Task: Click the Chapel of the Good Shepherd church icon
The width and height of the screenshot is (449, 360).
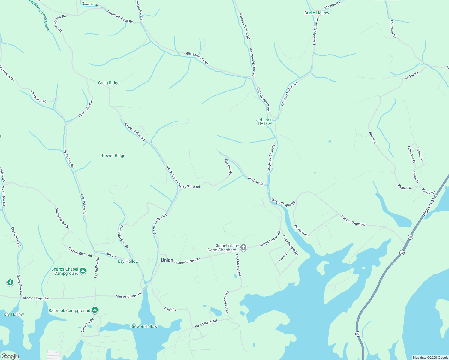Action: [243, 247]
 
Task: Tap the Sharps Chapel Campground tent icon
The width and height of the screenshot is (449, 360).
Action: [83, 271]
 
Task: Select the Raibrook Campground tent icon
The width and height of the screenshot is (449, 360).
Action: [95, 310]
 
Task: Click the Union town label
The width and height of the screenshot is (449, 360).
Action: [167, 260]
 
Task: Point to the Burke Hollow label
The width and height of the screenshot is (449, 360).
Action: [317, 13]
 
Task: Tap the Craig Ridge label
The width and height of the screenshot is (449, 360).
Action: [109, 83]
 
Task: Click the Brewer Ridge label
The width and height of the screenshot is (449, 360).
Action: [113, 155]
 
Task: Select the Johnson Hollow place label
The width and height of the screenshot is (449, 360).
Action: [264, 122]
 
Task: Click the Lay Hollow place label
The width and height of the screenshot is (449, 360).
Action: [128, 261]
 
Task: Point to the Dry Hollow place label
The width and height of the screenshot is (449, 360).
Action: [14, 314]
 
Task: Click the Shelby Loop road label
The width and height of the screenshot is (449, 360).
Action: [301, 230]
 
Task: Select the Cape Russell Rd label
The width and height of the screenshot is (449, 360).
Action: [290, 245]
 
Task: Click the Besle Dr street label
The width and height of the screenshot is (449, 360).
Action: [283, 256]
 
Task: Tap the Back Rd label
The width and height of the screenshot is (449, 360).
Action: [170, 309]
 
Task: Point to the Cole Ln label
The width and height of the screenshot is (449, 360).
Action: [110, 255]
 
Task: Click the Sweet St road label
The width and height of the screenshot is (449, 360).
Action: [372, 137]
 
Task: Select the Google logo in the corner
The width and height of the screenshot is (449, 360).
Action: [10, 356]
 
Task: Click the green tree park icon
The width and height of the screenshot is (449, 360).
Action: [10, 282]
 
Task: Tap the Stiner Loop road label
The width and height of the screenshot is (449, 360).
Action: [90, 4]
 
